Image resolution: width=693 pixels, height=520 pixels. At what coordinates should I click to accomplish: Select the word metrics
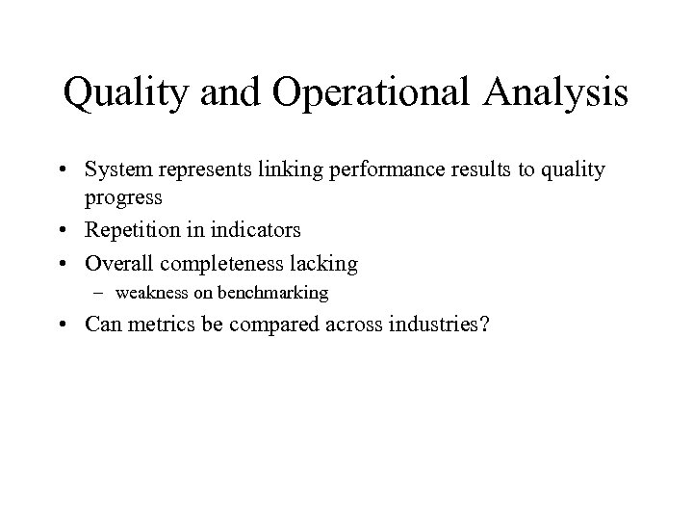pyautogui.click(x=159, y=325)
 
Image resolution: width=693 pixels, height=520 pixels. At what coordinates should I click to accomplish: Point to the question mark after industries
pyautogui.click(x=483, y=325)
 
